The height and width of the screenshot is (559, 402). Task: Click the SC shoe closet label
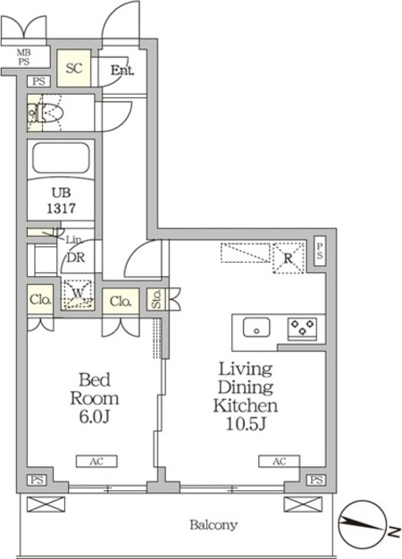pyautogui.click(x=74, y=68)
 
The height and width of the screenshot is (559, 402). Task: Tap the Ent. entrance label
pyautogui.click(x=122, y=70)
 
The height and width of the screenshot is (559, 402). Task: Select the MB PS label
pyautogui.click(x=24, y=57)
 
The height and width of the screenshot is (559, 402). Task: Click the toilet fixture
pyautogui.click(x=46, y=113)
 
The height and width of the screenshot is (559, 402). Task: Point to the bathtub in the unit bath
pyautogui.click(x=61, y=158)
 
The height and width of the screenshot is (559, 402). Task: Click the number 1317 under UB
pyautogui.click(x=62, y=208)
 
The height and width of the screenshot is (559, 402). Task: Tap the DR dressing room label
pyautogui.click(x=76, y=257)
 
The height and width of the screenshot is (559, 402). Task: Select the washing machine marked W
pyautogui.click(x=78, y=294)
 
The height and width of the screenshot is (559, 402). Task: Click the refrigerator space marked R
pyautogui.click(x=289, y=258)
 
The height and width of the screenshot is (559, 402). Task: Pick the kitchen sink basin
pyautogui.click(x=256, y=327)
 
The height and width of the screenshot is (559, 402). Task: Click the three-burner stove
pyautogui.click(x=303, y=328)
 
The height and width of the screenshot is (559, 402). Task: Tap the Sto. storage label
pyautogui.click(x=157, y=299)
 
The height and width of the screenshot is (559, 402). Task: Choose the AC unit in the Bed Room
pyautogui.click(x=96, y=461)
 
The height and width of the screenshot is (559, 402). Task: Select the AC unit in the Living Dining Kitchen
pyautogui.click(x=280, y=461)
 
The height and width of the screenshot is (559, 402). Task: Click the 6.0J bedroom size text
pyautogui.click(x=94, y=417)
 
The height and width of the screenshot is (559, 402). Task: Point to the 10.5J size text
pyautogui.click(x=247, y=423)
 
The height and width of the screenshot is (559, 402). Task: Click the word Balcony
pyautogui.click(x=214, y=525)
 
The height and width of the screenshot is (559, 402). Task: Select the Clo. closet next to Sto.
pyautogui.click(x=121, y=302)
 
